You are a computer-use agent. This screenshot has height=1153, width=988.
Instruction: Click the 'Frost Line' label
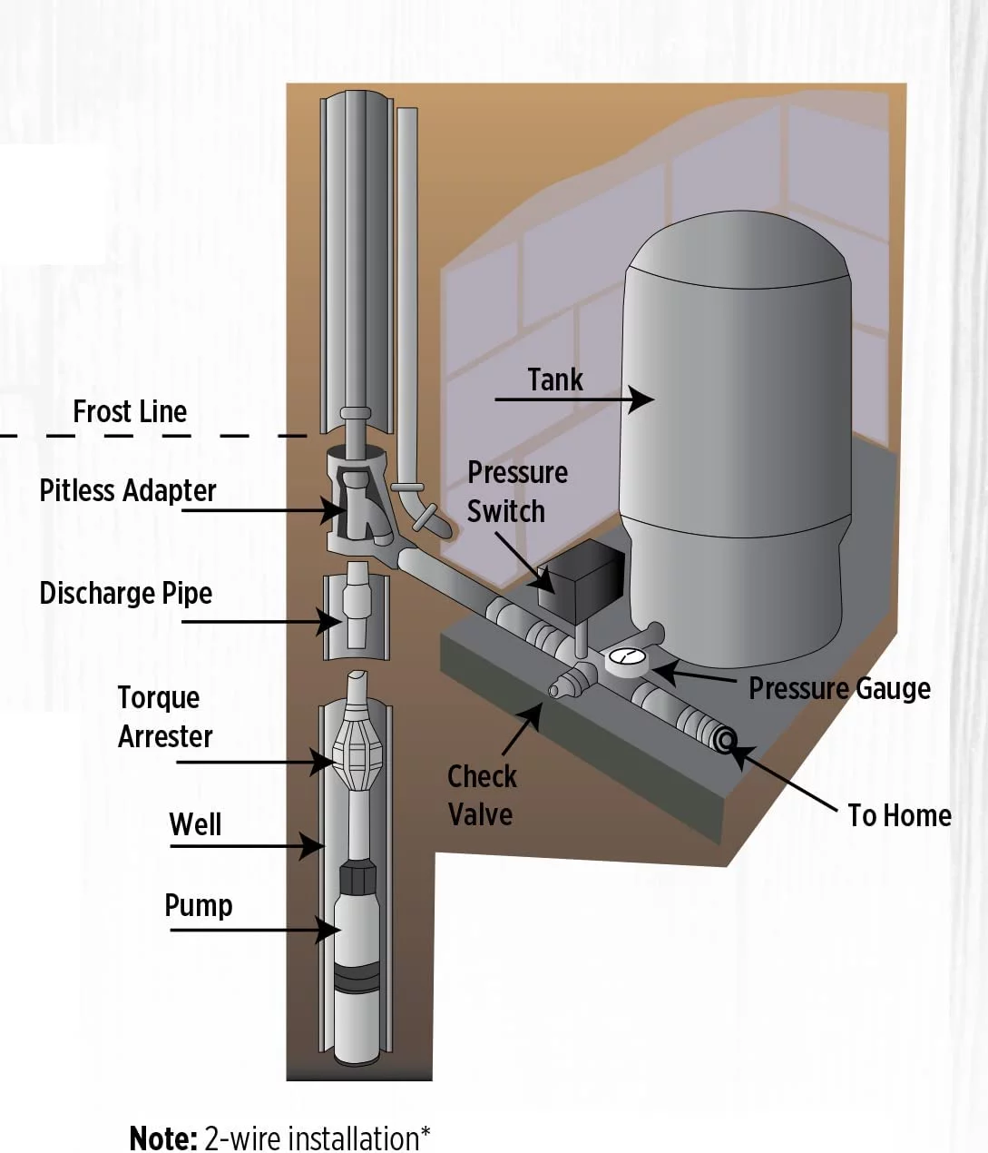point(130,412)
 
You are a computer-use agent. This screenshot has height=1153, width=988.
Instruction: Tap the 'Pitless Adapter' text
point(128,491)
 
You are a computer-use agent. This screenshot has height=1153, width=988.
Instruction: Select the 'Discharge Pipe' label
point(126,594)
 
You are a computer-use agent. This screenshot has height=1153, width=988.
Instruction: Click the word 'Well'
point(195,824)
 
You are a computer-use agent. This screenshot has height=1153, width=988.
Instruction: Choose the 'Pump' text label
point(199,905)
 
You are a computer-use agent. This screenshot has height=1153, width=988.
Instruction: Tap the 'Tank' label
point(555,379)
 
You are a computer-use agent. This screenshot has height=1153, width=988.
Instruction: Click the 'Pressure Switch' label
point(516,492)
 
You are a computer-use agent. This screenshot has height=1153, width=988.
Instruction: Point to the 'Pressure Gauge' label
point(839,689)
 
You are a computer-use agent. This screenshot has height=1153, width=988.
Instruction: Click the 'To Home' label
point(899,815)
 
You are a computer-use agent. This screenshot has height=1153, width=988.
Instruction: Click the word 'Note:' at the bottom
point(163,1138)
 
